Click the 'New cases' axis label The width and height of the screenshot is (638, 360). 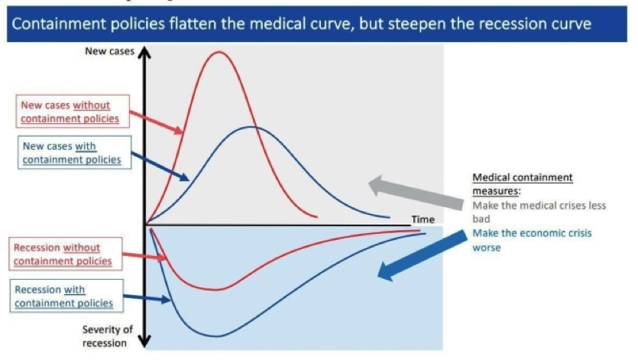(x=109, y=51)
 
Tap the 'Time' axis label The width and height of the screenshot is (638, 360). (x=423, y=219)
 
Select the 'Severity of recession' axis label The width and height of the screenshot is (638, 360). (x=108, y=336)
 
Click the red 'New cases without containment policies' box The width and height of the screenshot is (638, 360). (x=73, y=112)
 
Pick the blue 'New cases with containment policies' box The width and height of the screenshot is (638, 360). (x=74, y=152)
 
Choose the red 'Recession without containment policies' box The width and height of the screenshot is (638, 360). (x=66, y=254)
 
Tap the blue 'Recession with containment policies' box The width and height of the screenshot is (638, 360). (x=66, y=296)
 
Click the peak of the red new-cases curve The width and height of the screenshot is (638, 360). (x=219, y=52)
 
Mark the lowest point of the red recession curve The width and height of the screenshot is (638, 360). (x=215, y=290)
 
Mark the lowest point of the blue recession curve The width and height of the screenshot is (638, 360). (x=216, y=336)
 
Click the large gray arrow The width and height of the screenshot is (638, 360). (x=416, y=193)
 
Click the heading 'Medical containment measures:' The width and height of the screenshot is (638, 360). (x=523, y=184)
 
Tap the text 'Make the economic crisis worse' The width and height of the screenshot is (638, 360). (x=532, y=240)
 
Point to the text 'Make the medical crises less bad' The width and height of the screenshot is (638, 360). (x=539, y=212)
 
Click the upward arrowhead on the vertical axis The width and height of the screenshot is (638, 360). (x=144, y=53)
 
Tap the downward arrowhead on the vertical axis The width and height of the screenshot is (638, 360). (x=144, y=341)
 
